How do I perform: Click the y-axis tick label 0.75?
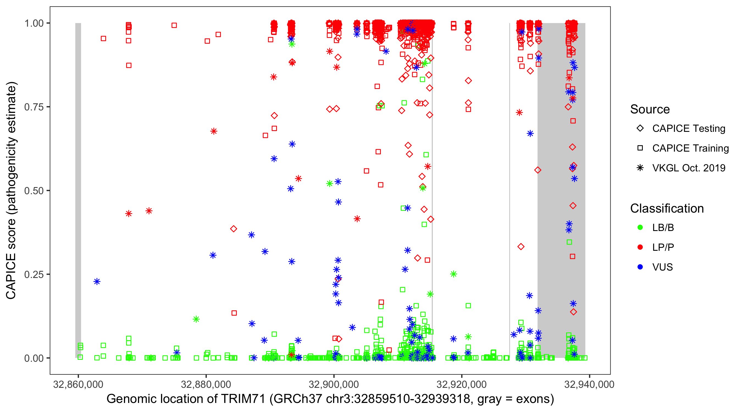[34, 107]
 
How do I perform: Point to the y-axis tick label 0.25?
[34, 274]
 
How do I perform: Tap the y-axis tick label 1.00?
[34, 23]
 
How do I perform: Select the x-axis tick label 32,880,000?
[206, 384]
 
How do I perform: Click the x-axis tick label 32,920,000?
[461, 384]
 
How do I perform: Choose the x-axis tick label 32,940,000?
[589, 384]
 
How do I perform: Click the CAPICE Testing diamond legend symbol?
[640, 129]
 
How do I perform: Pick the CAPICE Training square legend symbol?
[640, 148]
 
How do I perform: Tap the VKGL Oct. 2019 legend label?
[689, 168]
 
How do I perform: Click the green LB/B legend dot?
[640, 227]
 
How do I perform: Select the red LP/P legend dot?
[640, 247]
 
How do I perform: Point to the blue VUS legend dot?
[640, 267]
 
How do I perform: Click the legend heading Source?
[650, 109]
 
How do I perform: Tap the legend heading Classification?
[667, 208]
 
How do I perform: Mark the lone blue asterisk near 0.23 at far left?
[97, 282]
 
